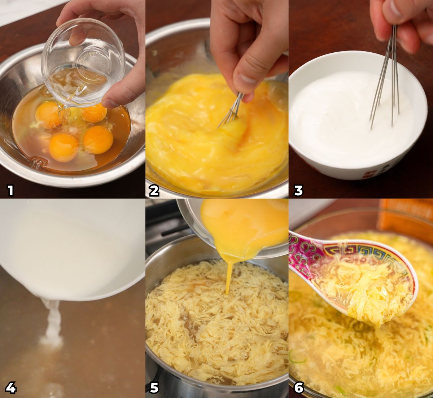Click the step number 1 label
click(x=10, y=191)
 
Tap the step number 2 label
click(x=154, y=191)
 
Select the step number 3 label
click(x=298, y=191)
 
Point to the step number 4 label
click(x=10, y=388)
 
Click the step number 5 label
click(x=154, y=388)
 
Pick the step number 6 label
click(x=299, y=388)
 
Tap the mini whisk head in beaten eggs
click(x=230, y=110)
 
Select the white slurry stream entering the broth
click(x=52, y=320)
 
